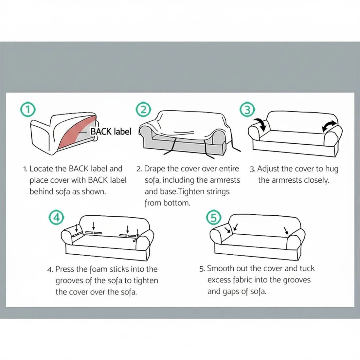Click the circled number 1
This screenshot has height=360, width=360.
coord(28,110)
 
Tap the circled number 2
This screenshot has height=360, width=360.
coord(143,109)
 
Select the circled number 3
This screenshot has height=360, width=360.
coord(247,110)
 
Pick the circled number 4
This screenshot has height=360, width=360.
coord(56,217)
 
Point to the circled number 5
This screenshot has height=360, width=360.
coord(213,217)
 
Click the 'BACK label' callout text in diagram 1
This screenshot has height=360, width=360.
coord(111,132)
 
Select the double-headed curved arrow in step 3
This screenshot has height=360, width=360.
coord(329,127)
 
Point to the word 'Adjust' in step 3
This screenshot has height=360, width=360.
coord(268,169)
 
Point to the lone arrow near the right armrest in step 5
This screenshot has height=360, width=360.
coord(286,231)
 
